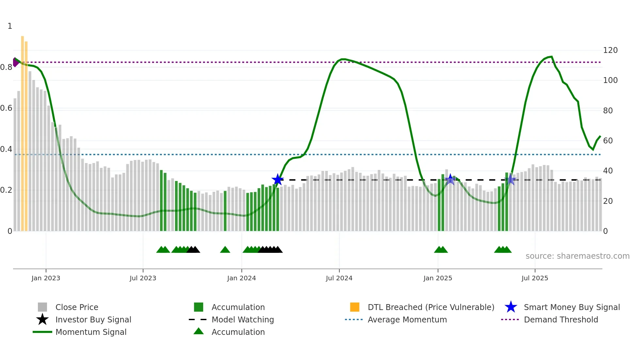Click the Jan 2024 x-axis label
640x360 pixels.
(241, 278)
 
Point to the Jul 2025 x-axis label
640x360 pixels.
(535, 278)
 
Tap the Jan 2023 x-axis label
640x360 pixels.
(46, 278)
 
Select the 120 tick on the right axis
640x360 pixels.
(610, 50)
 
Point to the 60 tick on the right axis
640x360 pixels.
(608, 141)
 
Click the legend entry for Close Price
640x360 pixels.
(77, 307)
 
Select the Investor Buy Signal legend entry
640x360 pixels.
(93, 319)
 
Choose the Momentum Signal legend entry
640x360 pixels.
(91, 332)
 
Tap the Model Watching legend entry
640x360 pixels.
(243, 319)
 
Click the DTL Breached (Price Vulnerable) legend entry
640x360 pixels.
(431, 307)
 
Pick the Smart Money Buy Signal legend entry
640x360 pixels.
(571, 307)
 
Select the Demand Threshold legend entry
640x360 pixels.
(561, 319)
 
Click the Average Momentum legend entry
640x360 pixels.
(407, 319)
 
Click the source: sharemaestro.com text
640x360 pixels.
(577, 256)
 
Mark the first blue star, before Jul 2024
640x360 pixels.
(278, 179)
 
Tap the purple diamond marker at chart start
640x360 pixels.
(15, 62)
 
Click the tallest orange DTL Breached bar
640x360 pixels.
(23, 131)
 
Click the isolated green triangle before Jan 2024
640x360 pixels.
(225, 250)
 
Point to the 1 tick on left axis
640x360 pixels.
(10, 26)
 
